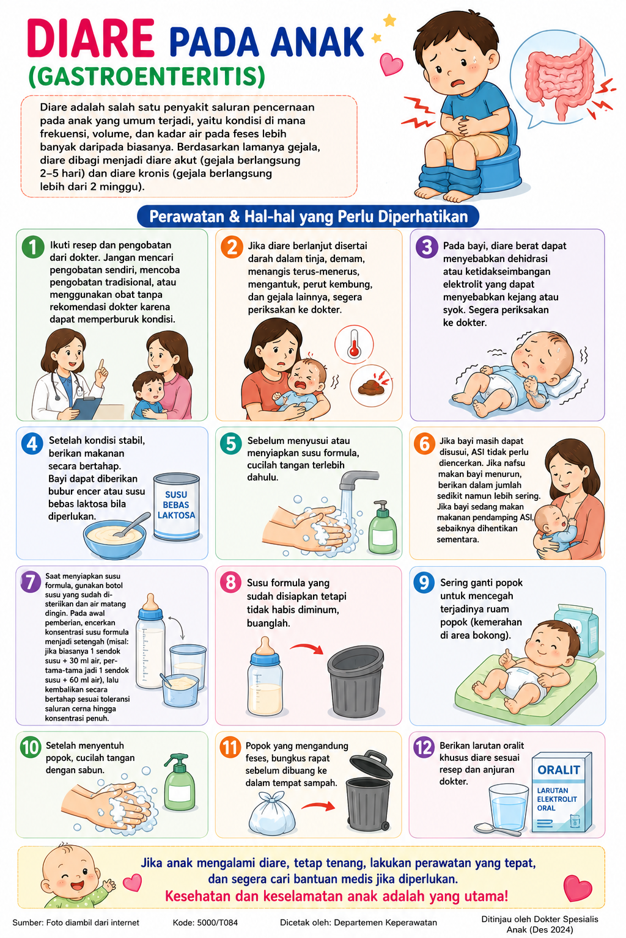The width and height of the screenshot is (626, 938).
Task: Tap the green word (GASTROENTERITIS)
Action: (x=147, y=76)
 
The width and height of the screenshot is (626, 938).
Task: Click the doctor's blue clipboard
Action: (x=87, y=407)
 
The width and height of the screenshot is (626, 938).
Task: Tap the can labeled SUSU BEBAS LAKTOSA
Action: (x=177, y=506)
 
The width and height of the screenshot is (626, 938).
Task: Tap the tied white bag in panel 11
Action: (x=271, y=813)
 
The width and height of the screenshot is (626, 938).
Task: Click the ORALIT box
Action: (x=561, y=793)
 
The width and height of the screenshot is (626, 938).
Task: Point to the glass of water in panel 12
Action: (x=508, y=807)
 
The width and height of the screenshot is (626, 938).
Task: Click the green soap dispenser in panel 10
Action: (x=180, y=782)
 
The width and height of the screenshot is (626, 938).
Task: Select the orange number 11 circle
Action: (x=230, y=747)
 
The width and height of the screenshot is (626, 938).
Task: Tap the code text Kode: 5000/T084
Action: (x=205, y=922)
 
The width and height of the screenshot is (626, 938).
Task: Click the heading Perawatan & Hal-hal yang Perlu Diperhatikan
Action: (x=308, y=217)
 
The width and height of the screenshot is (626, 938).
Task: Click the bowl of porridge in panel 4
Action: (x=114, y=538)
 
